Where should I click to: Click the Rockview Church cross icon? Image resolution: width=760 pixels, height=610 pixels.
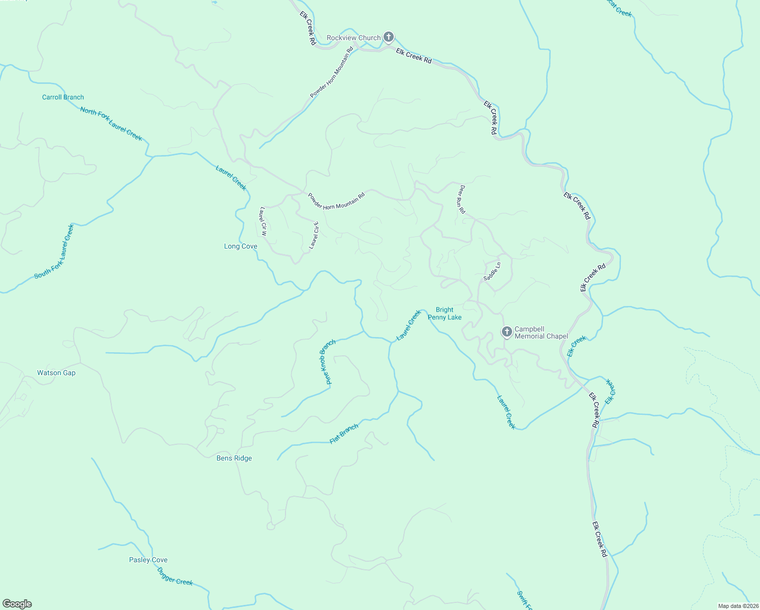click(389, 37)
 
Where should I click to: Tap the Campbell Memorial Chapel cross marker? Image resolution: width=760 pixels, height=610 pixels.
click(506, 332)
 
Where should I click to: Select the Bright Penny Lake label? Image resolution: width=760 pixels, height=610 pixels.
click(445, 313)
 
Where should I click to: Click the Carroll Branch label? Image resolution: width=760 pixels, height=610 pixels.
click(63, 97)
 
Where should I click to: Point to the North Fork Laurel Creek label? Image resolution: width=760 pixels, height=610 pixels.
click(111, 124)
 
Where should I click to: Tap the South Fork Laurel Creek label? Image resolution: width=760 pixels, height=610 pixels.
click(54, 252)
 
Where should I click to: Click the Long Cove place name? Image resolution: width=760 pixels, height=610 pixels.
click(241, 246)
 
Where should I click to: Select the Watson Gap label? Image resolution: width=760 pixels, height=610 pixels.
click(56, 373)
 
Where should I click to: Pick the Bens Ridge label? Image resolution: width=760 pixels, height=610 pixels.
click(234, 458)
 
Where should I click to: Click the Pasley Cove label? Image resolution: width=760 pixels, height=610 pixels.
click(148, 560)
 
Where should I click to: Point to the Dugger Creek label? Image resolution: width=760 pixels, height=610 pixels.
click(175, 577)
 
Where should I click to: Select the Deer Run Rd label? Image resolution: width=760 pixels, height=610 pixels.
click(462, 199)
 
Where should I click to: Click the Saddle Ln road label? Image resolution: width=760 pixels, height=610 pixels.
click(492, 271)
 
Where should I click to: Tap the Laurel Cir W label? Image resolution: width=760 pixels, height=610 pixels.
click(263, 221)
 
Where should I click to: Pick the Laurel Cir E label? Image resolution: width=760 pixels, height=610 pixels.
click(314, 235)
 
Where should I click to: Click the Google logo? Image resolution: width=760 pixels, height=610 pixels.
click(17, 604)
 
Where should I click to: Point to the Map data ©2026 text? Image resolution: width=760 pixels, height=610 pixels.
click(738, 606)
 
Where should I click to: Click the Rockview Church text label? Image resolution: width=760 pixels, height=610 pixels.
click(354, 38)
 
